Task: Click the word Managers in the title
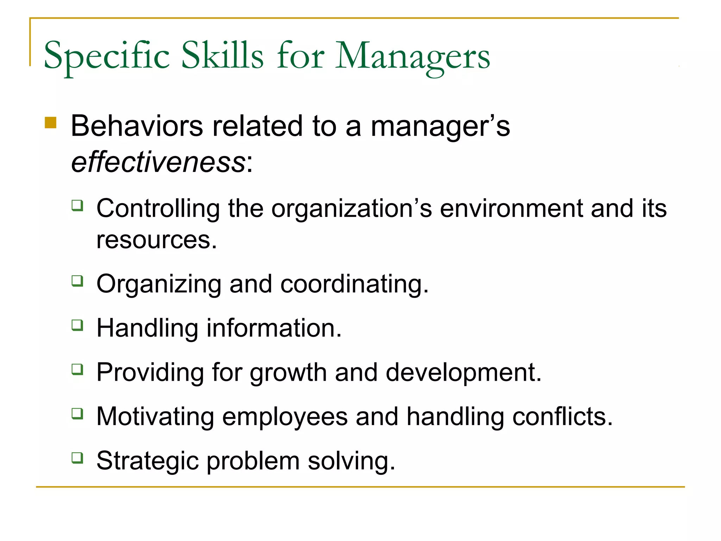coord(412,56)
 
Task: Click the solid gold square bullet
coord(51,123)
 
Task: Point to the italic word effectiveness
coord(158,162)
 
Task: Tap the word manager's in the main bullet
coord(440,126)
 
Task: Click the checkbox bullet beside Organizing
coord(77,281)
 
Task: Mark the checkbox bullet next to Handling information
coord(77,325)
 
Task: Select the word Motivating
coord(155,417)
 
